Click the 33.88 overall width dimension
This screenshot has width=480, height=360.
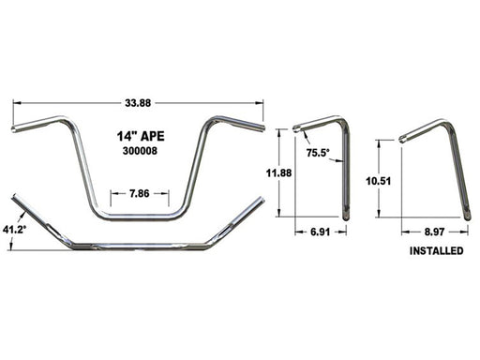[x=138, y=103]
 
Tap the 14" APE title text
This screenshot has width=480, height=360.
[x=141, y=136]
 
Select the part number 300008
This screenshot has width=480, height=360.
[x=140, y=151]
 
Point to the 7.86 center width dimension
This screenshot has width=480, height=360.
[x=140, y=194]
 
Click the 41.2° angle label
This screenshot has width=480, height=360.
[x=14, y=230]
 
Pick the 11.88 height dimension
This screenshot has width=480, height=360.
[x=278, y=172]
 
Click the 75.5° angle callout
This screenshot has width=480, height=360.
[x=318, y=153]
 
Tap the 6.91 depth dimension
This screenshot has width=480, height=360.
[x=321, y=232]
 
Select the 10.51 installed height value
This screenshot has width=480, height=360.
[x=379, y=181]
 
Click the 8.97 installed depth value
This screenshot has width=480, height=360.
[x=434, y=232]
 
